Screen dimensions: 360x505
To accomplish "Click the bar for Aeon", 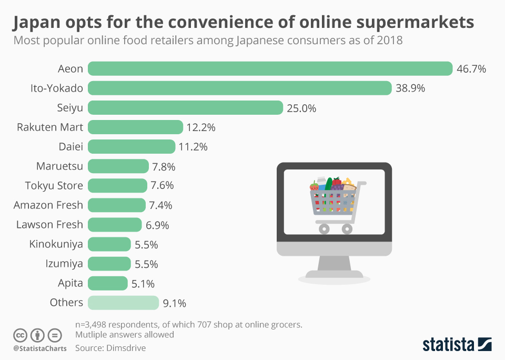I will (270, 68).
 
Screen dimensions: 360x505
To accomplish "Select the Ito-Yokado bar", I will (239, 88).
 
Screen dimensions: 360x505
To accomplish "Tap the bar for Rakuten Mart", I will (135, 127).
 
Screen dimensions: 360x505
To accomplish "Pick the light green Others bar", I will (123, 303).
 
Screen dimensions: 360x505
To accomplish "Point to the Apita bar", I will (107, 283).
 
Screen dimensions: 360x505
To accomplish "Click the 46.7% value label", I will (471, 69).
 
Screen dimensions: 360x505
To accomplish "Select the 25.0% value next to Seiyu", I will (301, 108).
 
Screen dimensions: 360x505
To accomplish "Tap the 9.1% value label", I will (175, 303).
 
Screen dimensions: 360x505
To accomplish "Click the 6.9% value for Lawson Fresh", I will (157, 225).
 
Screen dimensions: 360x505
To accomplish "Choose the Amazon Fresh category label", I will (48, 205).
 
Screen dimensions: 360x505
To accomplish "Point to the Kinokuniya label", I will (56, 244).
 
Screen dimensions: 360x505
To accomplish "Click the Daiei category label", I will (71, 146).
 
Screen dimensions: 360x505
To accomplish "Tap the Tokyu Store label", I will (54, 185).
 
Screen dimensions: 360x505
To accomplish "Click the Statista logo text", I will (448, 345).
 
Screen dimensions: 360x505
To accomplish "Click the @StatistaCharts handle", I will (40, 348).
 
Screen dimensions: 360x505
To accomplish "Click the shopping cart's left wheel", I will (324, 228).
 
